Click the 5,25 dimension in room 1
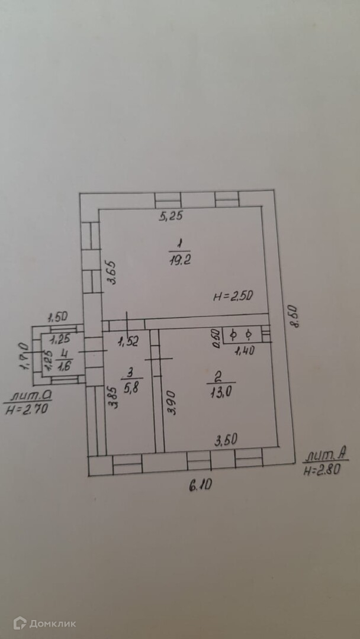click(171, 216)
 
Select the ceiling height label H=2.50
click(233, 297)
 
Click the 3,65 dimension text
click(112, 275)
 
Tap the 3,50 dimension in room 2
click(226, 440)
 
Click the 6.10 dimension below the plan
click(201, 486)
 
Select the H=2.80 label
click(322, 472)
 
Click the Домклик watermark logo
click(45, 622)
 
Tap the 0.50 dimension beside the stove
click(216, 337)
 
